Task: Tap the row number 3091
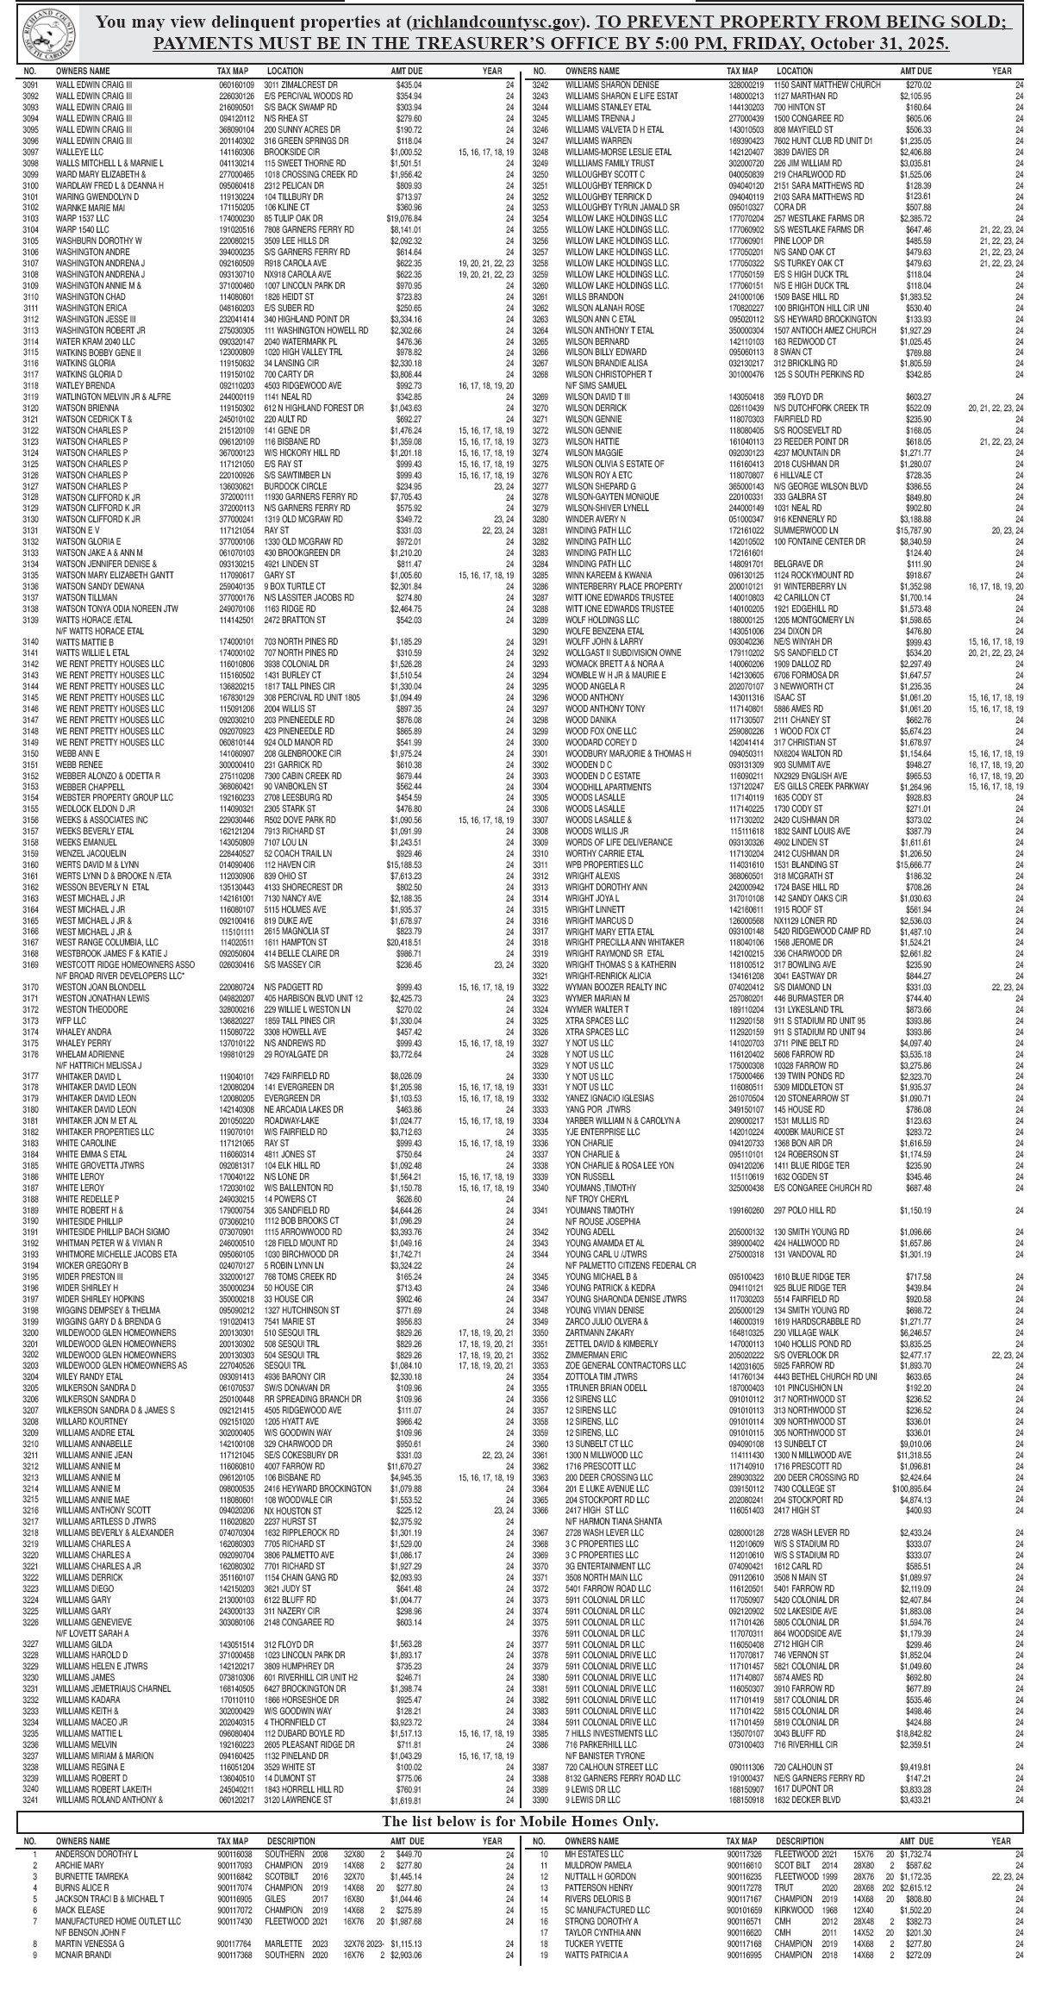[30, 84]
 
